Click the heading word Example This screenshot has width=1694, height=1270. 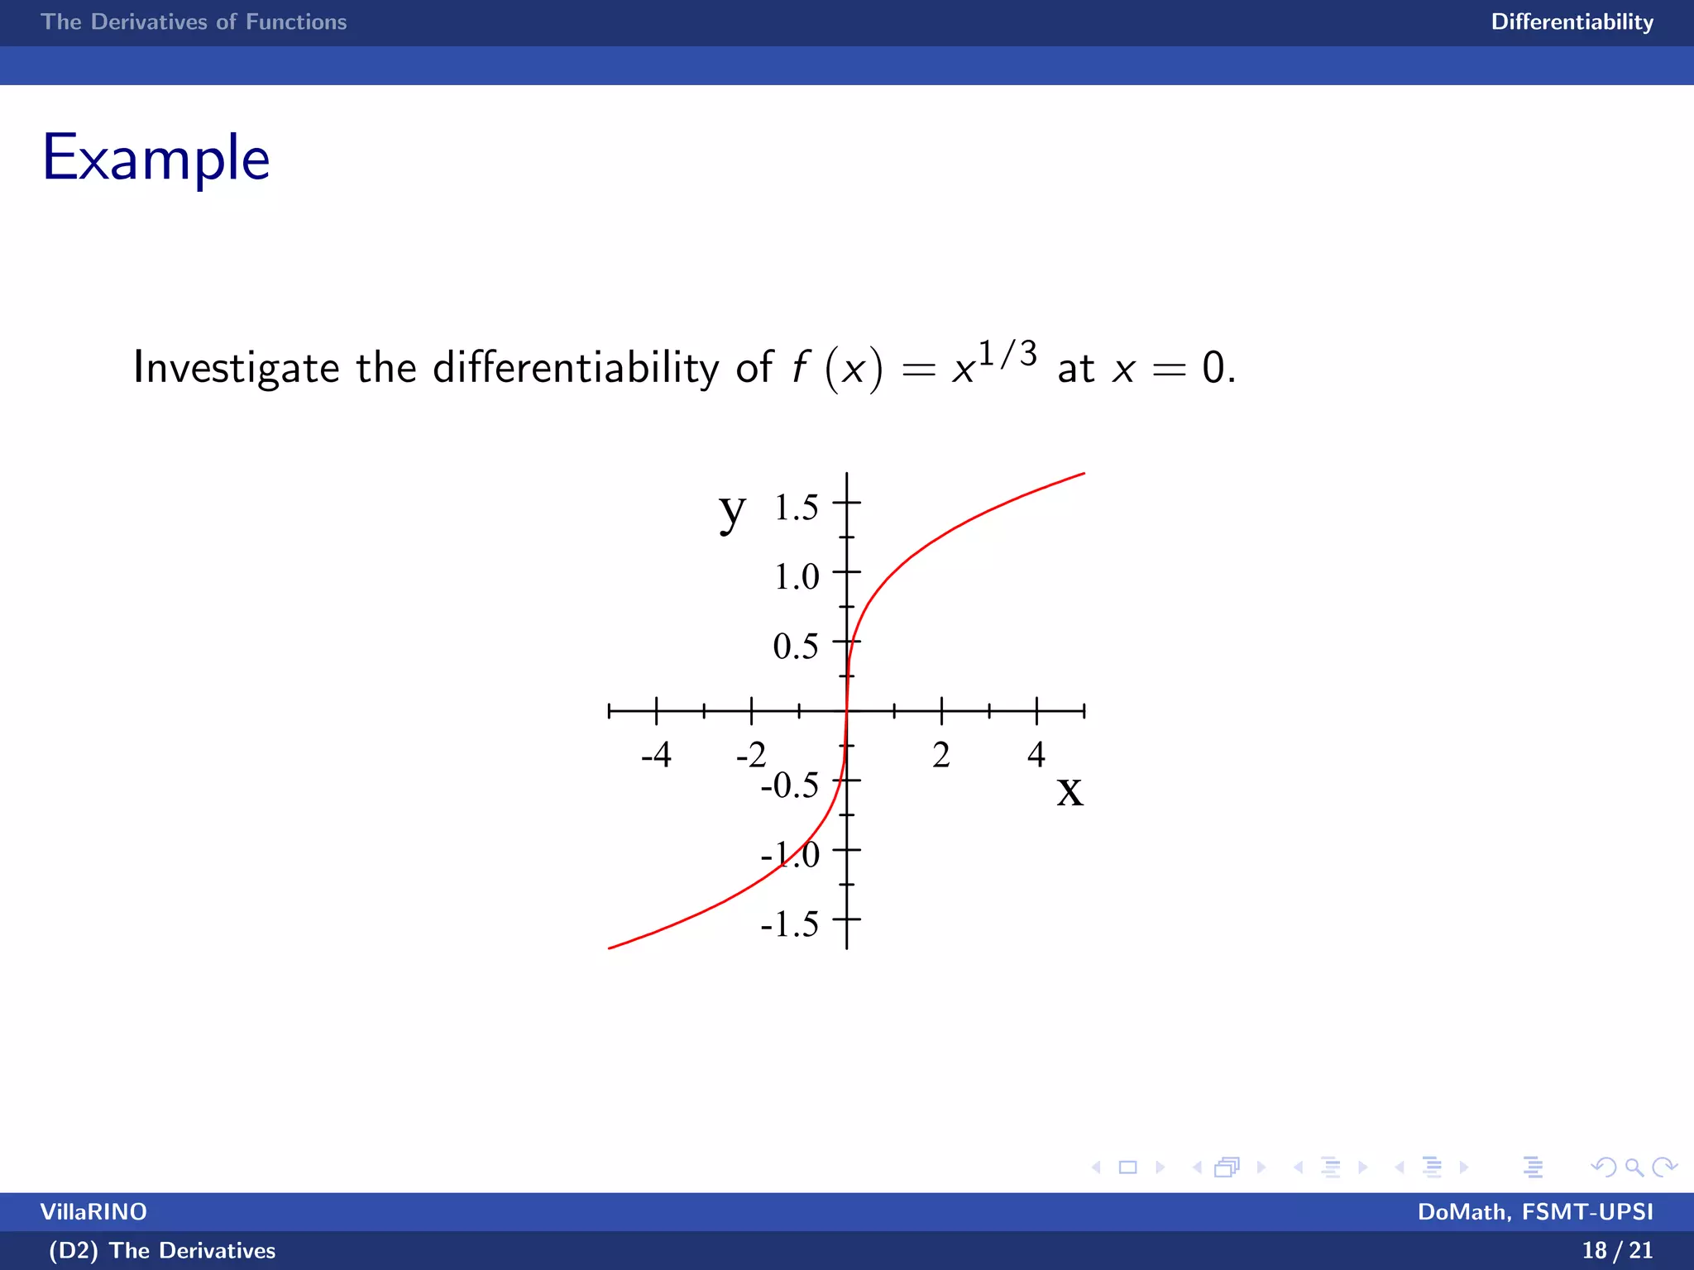pos(156,158)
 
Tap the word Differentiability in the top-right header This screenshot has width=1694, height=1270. pos(1572,22)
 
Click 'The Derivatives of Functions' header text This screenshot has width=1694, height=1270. pos(194,22)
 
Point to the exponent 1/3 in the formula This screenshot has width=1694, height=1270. pos(1007,355)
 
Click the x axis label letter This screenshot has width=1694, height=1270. pos(1070,790)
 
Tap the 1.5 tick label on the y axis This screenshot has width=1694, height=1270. pos(796,508)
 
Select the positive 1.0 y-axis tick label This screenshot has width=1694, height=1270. pos(796,577)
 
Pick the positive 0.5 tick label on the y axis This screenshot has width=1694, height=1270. pos(796,647)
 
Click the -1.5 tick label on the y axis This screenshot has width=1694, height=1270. pos(790,924)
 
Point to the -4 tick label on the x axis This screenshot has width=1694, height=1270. pos(656,755)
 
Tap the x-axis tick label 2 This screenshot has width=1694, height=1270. pos(941,755)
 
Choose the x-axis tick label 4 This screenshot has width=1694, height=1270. pos(1036,755)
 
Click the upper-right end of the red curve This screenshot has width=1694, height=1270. pos(1083,474)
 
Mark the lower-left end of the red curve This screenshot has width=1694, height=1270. pos(610,948)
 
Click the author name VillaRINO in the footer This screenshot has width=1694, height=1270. pos(93,1211)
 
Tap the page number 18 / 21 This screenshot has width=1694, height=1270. pos(1617,1250)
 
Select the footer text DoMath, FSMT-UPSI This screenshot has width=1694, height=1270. pos(1535,1211)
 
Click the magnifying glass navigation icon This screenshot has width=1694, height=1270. pos(1634,1167)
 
